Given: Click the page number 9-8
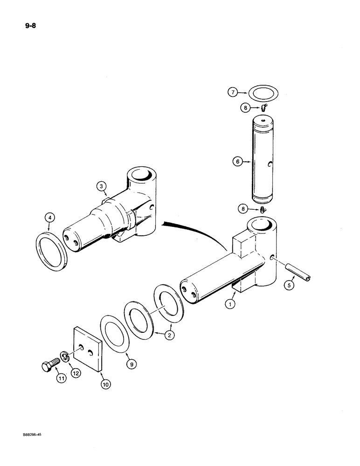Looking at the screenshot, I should [20, 25].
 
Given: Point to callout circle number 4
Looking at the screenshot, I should [50, 218].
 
